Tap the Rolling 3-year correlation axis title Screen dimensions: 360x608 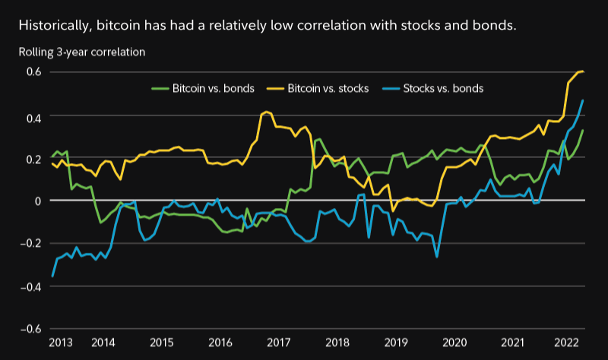click(x=82, y=52)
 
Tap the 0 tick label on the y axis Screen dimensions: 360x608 click(x=36, y=201)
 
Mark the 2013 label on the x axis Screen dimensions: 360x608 click(x=60, y=343)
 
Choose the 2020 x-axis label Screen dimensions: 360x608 click(x=454, y=343)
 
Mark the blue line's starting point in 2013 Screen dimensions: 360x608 click(x=52, y=276)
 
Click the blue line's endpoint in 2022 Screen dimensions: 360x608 click(x=583, y=100)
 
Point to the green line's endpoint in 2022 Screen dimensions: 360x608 click(x=583, y=130)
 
